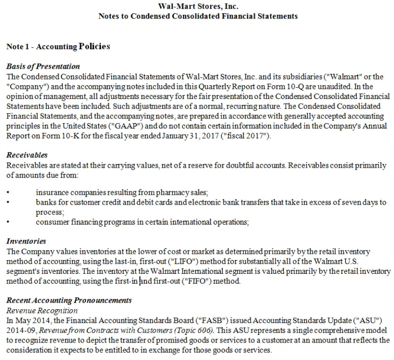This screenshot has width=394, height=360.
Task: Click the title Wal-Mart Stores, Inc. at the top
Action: (198, 7)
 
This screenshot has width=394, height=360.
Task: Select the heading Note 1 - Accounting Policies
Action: (58, 47)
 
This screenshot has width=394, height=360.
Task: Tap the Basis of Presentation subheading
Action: (43, 66)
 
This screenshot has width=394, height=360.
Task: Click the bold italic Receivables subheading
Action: (27, 155)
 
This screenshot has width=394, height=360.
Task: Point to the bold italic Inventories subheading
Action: (26, 241)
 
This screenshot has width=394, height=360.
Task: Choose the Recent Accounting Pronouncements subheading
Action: (69, 300)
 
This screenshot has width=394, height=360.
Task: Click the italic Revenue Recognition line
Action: (42, 310)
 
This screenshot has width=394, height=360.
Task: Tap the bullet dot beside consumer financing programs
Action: (8, 222)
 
